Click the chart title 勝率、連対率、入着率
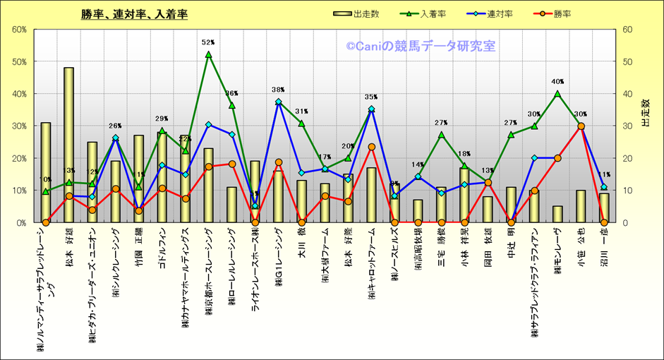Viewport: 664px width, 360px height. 134,13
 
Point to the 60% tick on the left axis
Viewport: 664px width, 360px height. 19,30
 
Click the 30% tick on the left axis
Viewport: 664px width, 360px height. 19,126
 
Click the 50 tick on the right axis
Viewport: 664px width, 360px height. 626,61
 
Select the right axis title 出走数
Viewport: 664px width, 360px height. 646,113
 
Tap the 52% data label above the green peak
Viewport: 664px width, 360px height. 208,42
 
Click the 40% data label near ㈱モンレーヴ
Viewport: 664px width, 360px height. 557,82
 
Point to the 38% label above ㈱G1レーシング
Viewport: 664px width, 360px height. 278,90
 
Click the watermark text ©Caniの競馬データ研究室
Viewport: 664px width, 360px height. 421,47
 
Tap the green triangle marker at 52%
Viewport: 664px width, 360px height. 208,54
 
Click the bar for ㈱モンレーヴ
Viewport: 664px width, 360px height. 557,214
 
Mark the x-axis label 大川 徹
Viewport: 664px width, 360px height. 301,241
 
